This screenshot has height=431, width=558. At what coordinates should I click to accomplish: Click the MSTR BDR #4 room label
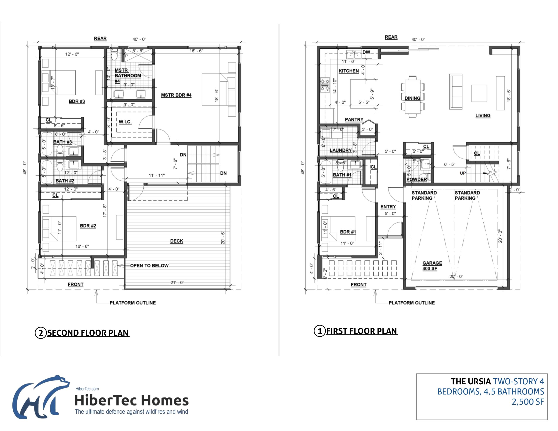click(176, 95)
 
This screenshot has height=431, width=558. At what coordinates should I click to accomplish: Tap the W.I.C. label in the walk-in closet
click(125, 122)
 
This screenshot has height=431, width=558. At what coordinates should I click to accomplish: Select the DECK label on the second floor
click(177, 241)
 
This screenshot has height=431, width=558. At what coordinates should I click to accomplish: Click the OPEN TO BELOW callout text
click(149, 265)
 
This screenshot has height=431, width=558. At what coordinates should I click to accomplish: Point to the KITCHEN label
click(349, 71)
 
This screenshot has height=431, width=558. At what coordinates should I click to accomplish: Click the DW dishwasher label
click(366, 52)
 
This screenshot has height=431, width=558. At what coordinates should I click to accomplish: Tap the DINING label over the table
click(412, 98)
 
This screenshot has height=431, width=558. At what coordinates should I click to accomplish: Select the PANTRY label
click(354, 119)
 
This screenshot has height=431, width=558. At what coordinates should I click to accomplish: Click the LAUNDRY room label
click(340, 150)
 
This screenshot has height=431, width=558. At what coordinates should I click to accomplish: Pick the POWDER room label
click(417, 179)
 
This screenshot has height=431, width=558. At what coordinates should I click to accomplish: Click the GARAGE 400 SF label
click(432, 266)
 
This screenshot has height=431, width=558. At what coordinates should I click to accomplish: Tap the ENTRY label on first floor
click(388, 206)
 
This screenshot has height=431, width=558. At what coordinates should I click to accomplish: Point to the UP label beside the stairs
click(463, 173)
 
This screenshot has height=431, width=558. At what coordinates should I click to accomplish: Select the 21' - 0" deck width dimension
click(177, 282)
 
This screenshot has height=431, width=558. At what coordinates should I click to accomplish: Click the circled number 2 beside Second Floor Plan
click(41, 333)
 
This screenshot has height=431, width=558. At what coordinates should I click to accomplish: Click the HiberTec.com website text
click(87, 389)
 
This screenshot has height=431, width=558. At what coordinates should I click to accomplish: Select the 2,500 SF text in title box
click(528, 402)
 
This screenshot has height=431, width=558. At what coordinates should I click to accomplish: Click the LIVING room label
click(483, 115)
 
